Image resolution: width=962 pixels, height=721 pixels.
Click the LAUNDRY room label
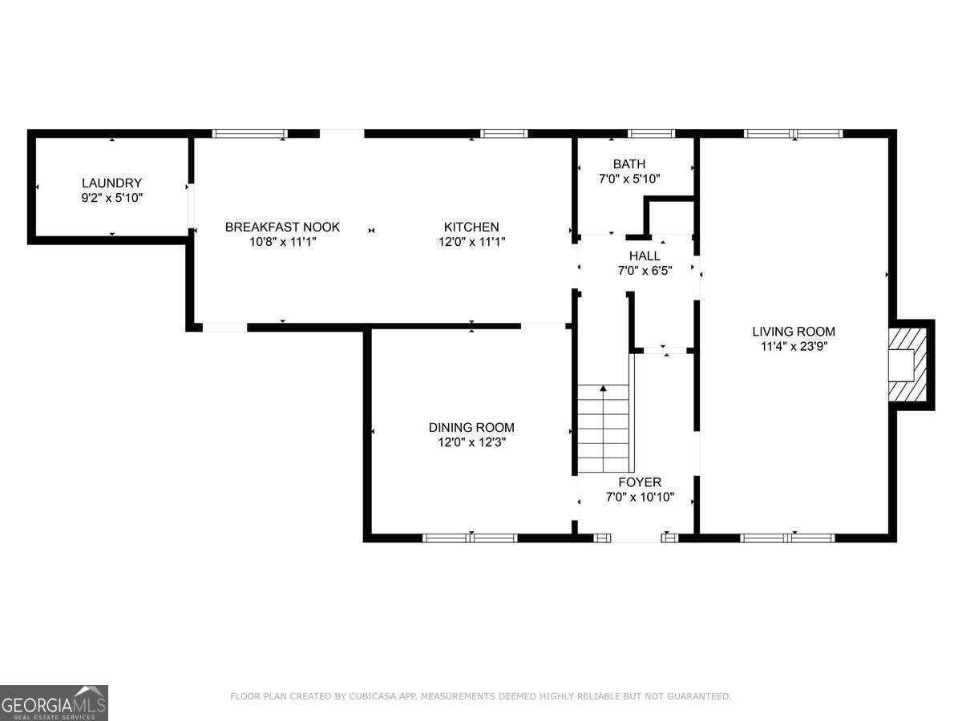tap(111, 183)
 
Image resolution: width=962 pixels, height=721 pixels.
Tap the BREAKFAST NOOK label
tap(282, 227)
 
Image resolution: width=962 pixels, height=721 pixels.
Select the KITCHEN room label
tap(471, 227)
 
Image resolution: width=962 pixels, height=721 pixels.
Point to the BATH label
tap(629, 164)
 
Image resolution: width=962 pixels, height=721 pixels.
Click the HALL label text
tap(645, 256)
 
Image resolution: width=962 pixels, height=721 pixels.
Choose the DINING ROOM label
tap(471, 427)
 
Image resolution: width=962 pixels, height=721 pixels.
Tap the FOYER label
tap(640, 482)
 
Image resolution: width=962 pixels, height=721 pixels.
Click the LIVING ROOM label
tap(794, 332)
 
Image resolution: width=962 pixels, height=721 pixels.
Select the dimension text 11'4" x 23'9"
tap(794, 347)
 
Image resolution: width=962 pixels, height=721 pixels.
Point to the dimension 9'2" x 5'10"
tap(111, 198)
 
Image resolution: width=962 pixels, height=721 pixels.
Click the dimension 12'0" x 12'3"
tap(471, 442)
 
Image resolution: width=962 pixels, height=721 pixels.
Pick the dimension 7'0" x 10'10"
tap(640, 497)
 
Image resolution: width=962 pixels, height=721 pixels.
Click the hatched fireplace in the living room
tap(907, 365)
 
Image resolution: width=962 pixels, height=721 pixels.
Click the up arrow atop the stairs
tap(604, 388)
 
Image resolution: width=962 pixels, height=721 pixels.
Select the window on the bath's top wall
tap(651, 134)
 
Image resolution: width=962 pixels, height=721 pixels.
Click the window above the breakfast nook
tap(250, 134)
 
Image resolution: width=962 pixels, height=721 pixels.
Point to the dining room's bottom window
tap(470, 538)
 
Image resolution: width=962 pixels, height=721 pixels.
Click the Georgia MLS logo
tap(54, 703)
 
